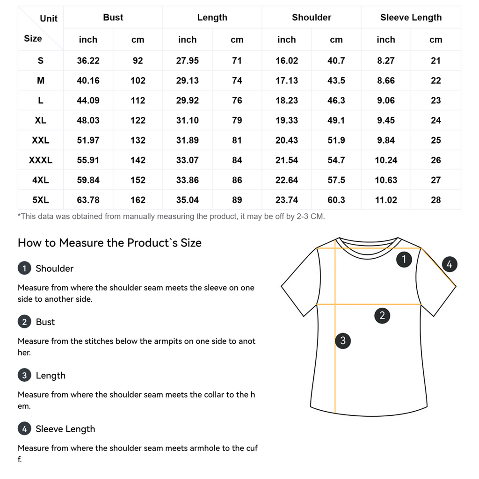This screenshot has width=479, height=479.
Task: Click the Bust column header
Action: pos(113,18)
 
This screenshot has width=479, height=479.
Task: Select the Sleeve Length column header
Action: pos(411,18)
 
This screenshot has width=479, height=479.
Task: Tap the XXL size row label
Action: pos(41,140)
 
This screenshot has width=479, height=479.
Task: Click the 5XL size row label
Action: pos(41,200)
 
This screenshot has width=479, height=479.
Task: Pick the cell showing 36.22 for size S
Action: pos(88,61)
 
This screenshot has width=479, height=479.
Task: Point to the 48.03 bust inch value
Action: pos(88,121)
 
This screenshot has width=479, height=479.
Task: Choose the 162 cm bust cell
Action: pos(138,200)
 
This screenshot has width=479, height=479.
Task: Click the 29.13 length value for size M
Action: pos(187,81)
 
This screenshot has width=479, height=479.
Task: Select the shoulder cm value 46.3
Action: pos(336,101)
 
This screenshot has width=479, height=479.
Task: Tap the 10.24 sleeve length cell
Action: pos(386,160)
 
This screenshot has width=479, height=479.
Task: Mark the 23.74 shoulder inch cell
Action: pos(287,200)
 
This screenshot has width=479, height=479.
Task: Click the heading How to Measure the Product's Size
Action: pos(109,243)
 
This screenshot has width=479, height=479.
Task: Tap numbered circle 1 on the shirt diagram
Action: pos(404,259)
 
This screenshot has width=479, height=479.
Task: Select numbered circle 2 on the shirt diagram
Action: pos(382,315)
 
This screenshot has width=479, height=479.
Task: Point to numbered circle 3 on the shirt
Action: pos(343,341)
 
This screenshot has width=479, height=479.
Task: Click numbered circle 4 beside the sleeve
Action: pos(449,264)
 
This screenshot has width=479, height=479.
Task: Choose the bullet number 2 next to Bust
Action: pos(24,322)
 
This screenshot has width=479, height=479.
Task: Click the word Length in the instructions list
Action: pos(51,376)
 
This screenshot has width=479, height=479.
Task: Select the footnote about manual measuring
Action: pos(171,217)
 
